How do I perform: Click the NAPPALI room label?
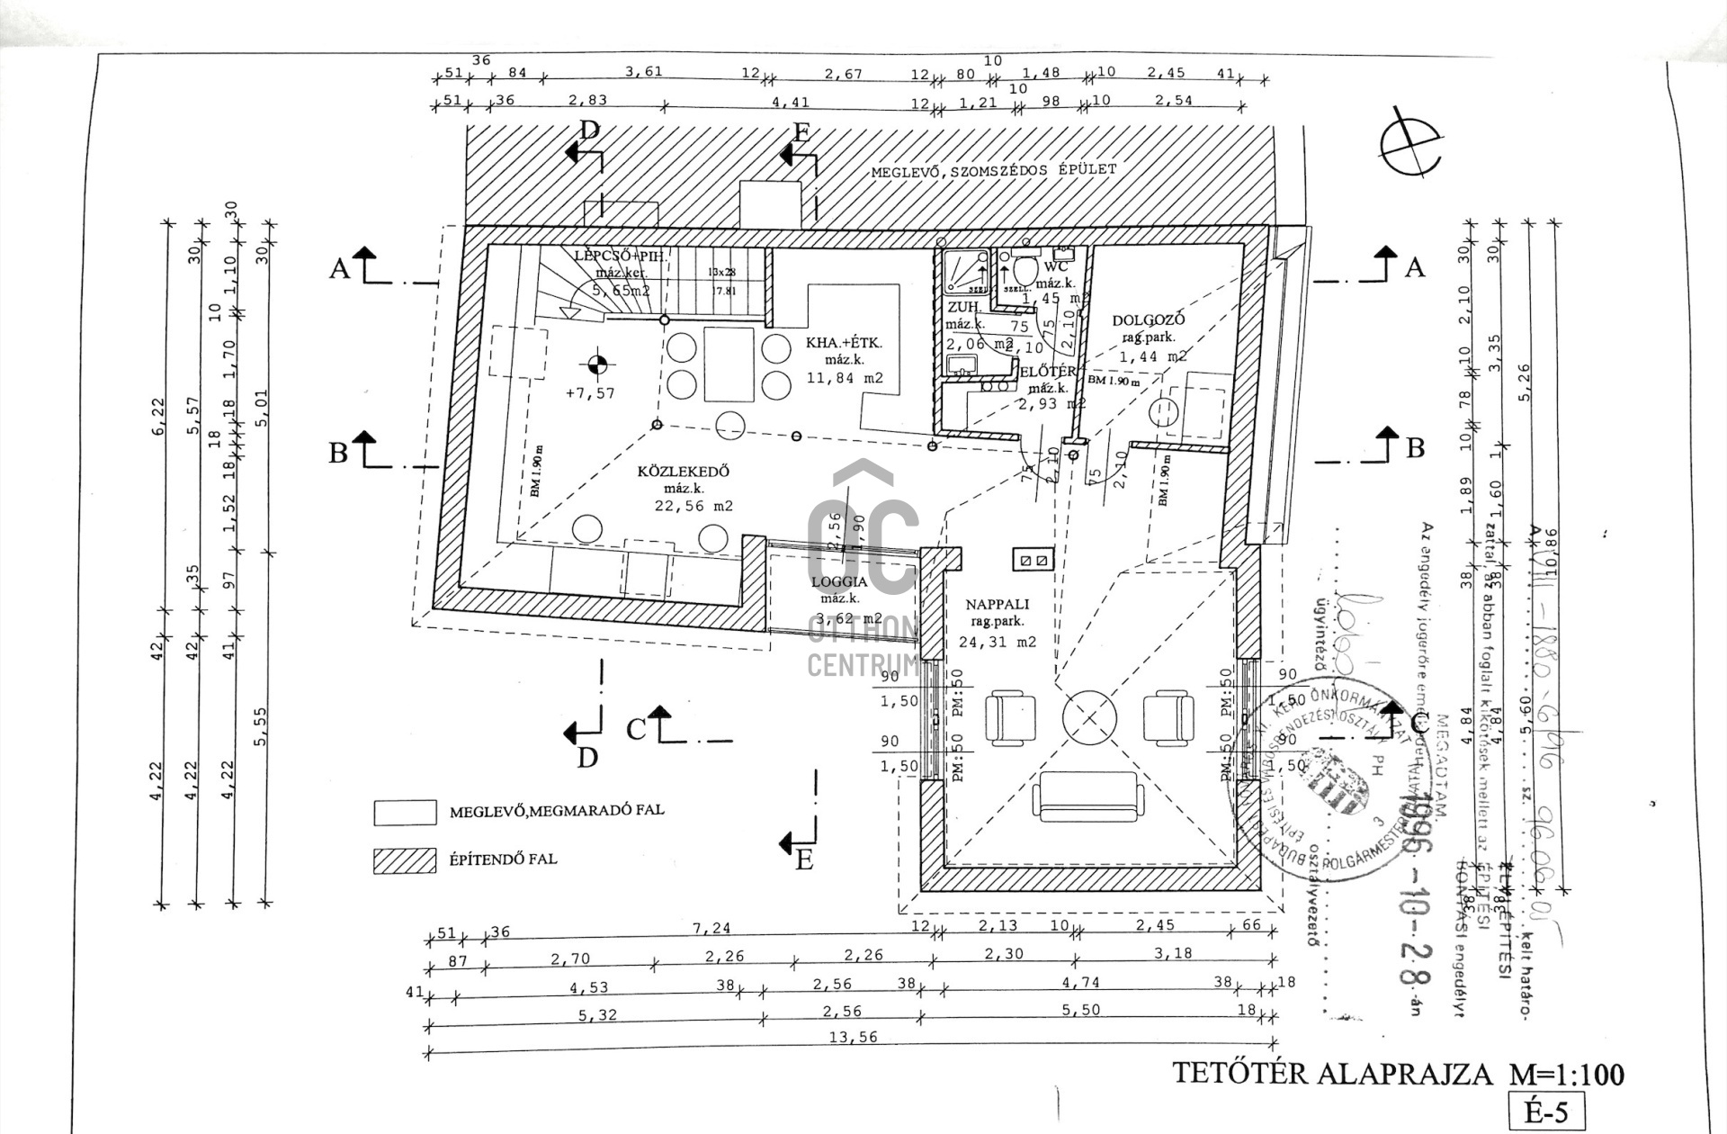998,605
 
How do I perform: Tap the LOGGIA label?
837,581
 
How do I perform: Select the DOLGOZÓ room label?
1149,320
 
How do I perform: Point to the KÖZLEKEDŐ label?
684,472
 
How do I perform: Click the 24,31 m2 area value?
998,643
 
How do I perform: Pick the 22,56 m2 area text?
693,506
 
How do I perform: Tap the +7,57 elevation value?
590,393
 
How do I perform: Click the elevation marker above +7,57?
597,364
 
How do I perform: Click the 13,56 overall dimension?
853,1037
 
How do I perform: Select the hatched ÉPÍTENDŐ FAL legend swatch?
405,860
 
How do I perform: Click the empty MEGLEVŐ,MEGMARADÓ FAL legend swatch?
405,813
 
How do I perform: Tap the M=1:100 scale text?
1566,1075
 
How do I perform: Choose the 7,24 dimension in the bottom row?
711,928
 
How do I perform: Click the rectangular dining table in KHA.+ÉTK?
729,364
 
